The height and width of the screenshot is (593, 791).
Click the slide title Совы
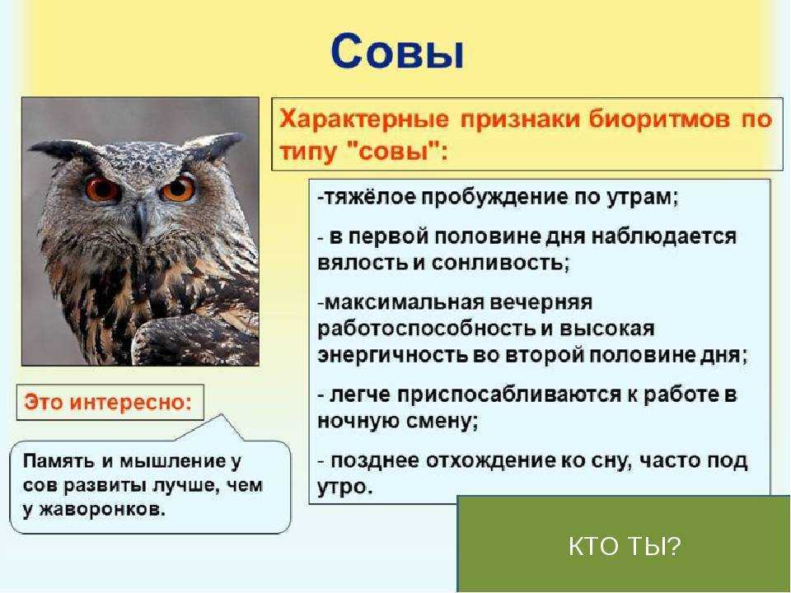pos(397,51)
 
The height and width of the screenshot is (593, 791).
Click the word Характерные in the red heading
pos(364,120)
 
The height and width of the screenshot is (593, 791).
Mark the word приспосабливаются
pos(509,395)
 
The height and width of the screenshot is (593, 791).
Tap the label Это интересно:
pos(109,403)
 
